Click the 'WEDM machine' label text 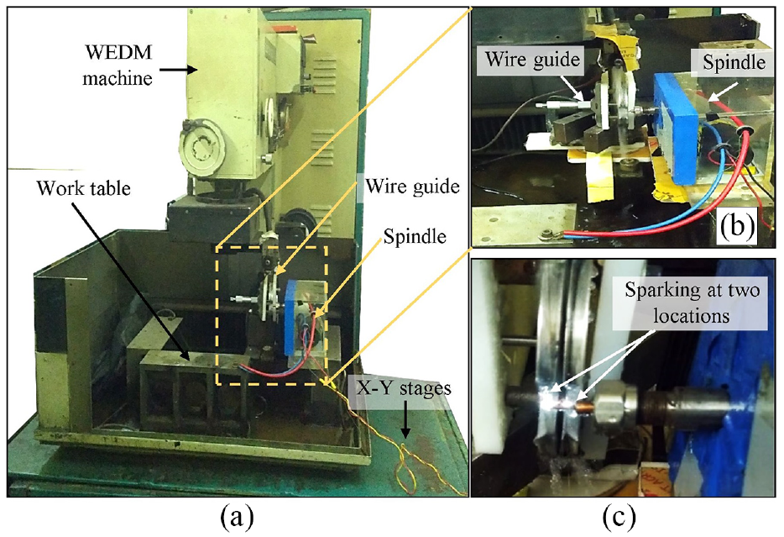coord(118,65)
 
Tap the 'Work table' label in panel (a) coord(83,189)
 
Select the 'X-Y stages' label coord(404,388)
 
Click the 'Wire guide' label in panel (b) coord(532,60)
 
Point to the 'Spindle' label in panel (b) coord(734,62)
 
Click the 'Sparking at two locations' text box coord(692,303)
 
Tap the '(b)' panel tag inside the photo coord(737,226)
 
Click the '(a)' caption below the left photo coord(237,518)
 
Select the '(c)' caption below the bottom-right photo coord(619,518)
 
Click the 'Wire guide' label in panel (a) coord(412,187)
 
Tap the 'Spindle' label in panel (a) coord(415,235)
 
